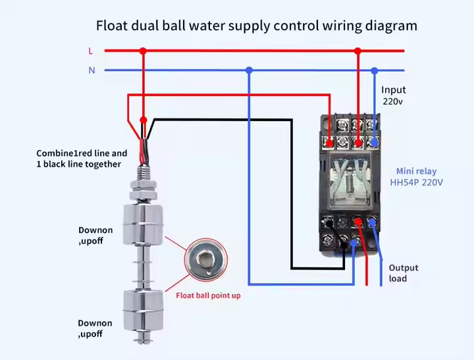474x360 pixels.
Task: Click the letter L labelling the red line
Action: tap(91, 51)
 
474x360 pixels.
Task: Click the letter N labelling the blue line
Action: tap(92, 70)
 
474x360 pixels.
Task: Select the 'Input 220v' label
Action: tap(394, 95)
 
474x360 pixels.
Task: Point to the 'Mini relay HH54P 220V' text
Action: tap(417, 176)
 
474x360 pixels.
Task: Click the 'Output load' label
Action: tap(403, 273)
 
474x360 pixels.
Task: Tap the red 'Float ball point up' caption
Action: tap(208, 296)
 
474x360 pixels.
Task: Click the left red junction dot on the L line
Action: tap(143, 51)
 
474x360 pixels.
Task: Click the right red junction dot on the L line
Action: tap(358, 51)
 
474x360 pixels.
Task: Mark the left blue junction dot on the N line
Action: tap(249, 70)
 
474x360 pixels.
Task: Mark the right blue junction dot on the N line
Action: tap(375, 70)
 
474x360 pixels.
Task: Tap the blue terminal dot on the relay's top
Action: tap(375, 141)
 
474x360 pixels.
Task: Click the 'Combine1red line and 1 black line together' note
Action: tap(82, 159)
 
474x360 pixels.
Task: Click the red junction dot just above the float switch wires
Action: tap(144, 120)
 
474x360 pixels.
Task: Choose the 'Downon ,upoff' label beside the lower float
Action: tap(95, 328)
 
